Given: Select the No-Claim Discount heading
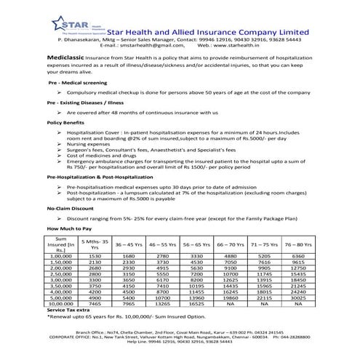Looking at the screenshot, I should pos(71,208).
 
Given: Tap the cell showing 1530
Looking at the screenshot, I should pos(95,256).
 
